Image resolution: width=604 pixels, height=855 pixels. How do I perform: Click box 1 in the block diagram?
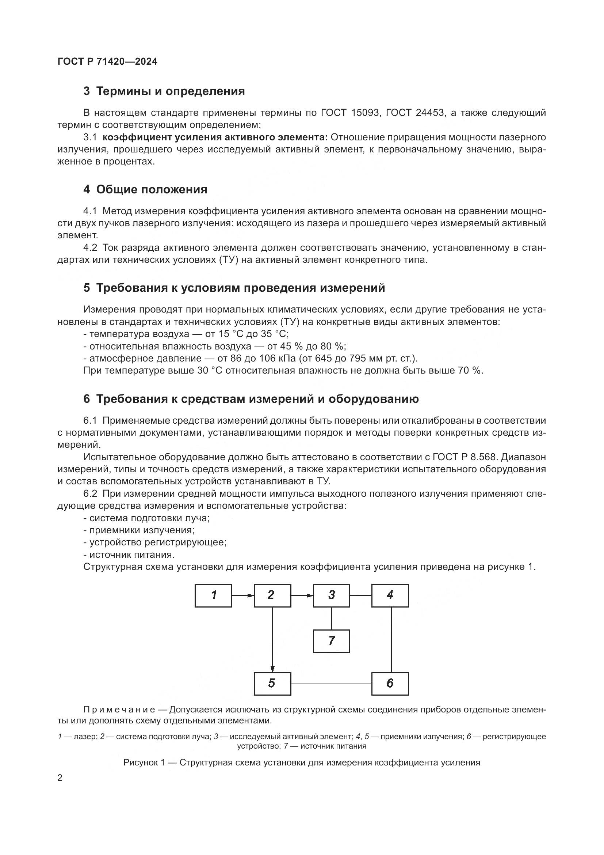213,595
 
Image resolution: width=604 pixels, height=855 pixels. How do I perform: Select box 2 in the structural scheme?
272,595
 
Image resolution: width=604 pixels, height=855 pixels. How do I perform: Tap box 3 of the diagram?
331,595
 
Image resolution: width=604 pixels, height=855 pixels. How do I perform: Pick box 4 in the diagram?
390,595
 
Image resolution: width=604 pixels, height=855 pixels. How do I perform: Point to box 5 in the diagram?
272,684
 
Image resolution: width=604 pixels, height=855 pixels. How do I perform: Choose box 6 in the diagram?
390,684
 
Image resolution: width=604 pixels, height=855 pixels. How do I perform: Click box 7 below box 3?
331,641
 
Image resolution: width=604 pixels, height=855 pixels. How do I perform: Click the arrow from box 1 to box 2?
243,595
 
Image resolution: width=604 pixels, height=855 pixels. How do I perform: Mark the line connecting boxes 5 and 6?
331,684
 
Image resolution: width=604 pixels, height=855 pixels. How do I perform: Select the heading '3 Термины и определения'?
164,91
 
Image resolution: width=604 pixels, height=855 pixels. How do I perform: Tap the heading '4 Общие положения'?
145,190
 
